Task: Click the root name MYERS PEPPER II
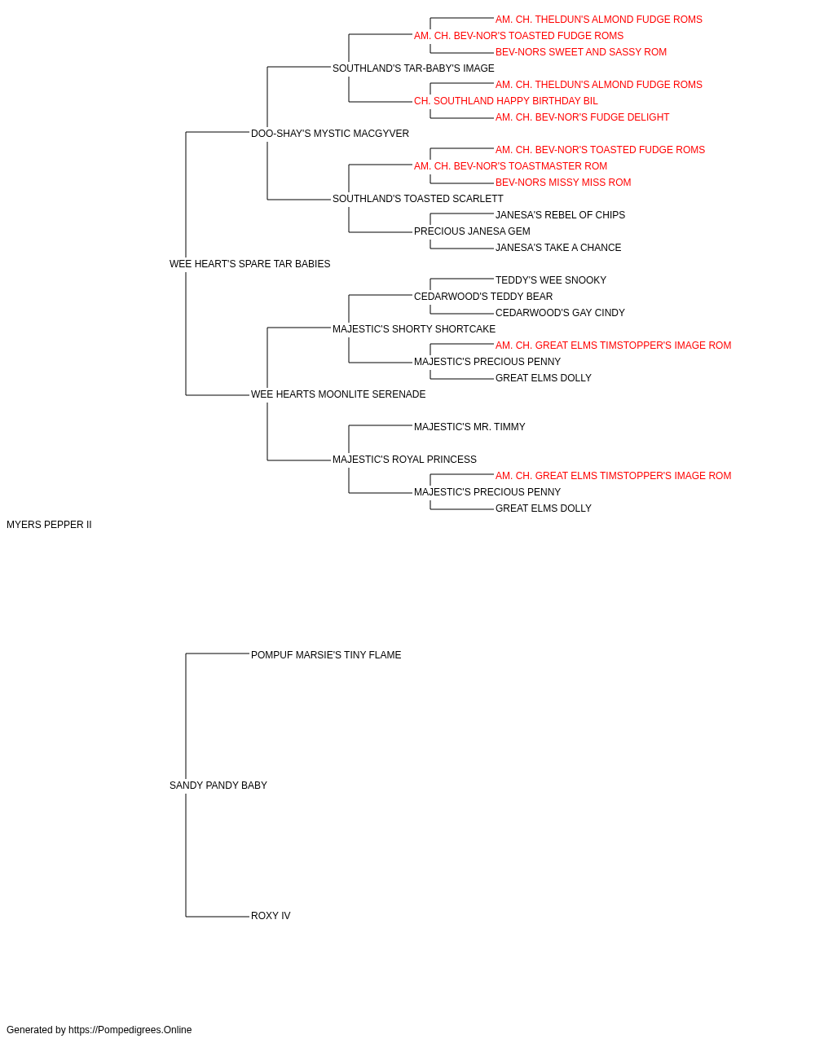49,525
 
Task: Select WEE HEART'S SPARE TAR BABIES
249,264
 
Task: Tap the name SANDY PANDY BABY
218,786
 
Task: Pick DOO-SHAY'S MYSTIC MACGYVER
330,134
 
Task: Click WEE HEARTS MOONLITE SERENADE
338,394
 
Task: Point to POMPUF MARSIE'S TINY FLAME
326,654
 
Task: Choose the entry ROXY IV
271,915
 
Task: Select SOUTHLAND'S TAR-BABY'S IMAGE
413,68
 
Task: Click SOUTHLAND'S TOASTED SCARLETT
417,199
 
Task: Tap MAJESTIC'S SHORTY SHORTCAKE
414,328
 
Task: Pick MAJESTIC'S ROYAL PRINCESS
404,460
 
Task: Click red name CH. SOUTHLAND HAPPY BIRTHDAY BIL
506,101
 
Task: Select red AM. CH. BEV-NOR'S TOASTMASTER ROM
510,166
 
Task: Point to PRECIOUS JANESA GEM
472,231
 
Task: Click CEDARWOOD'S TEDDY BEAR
483,296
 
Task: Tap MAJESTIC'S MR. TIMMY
469,427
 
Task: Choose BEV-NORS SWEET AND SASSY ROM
581,52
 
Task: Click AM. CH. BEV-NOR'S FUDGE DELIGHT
582,117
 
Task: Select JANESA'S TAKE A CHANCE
558,248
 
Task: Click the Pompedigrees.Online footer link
130,1030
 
